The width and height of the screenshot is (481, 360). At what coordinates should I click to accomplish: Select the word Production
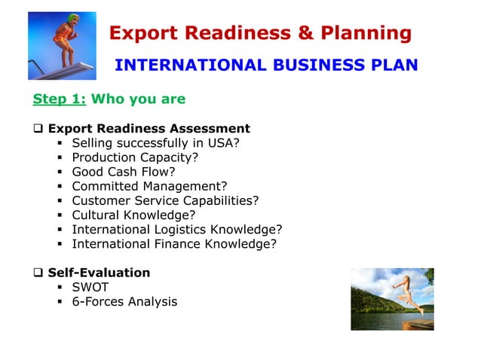(104, 157)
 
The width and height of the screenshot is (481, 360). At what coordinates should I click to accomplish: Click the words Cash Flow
(142, 172)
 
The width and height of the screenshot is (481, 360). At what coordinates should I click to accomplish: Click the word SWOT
(90, 287)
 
